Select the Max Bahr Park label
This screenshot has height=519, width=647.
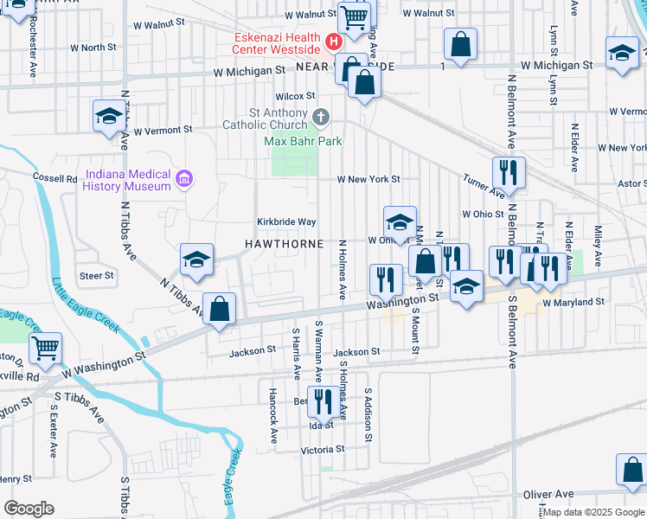(x=303, y=141)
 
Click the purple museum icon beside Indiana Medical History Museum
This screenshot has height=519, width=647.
(x=183, y=180)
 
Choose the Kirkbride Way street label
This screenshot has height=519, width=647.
(x=285, y=221)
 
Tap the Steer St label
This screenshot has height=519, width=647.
(x=97, y=276)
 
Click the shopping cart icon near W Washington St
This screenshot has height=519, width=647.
(x=45, y=347)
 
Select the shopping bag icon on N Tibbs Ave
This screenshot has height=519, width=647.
(x=221, y=309)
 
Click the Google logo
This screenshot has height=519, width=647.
(x=29, y=509)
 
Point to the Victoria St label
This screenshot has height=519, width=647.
(x=322, y=450)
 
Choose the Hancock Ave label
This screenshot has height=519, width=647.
(x=272, y=418)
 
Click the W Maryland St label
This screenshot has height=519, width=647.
(x=573, y=303)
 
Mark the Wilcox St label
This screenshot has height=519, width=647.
(x=296, y=96)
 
